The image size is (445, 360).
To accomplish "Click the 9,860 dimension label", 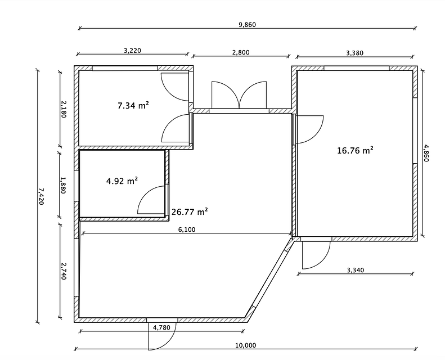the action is (x=247, y=25).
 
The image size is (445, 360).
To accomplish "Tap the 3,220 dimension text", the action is (x=133, y=51).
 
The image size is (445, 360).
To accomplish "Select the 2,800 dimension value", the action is (x=241, y=52).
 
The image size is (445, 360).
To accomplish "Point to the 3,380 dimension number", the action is (x=355, y=53).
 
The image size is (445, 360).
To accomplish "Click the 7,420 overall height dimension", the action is (x=41, y=196).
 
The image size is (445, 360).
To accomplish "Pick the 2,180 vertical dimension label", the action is (x=63, y=110).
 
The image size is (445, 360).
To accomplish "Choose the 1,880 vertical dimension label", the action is (x=62, y=185).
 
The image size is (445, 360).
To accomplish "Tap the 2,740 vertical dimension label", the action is (x=64, y=271).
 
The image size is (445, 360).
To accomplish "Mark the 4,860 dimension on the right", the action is (x=426, y=153).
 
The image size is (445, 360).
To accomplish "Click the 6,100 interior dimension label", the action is (x=187, y=229).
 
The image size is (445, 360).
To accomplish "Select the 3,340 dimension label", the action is (x=356, y=270).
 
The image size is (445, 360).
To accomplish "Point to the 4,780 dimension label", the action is (x=161, y=328).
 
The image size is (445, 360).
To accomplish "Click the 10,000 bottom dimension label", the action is (x=245, y=345).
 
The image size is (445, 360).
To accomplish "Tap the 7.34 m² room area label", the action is (x=133, y=106).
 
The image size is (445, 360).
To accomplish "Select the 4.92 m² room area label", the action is (x=122, y=181).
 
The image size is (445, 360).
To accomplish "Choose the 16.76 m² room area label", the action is (x=355, y=150).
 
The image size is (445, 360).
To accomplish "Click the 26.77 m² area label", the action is (x=190, y=212).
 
